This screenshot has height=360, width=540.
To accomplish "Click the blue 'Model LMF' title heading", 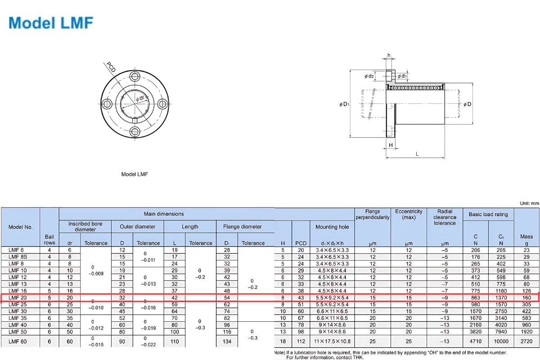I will tap(50, 23).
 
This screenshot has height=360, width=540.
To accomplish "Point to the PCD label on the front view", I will tap(111, 67).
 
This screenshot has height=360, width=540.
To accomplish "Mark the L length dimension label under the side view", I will tap(417, 154).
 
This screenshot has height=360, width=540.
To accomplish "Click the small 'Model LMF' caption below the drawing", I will tap(135, 174).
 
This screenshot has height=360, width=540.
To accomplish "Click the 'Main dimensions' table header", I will tap(164, 214).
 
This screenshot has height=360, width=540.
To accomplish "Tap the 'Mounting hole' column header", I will tap(333, 227).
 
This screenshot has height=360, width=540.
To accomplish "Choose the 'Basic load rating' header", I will tap(488, 214).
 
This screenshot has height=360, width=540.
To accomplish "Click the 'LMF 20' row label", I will tap(18, 297).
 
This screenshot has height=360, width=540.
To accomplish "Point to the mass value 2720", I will tap(526, 342).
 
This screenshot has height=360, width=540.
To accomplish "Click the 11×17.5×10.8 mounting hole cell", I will tap(332, 342).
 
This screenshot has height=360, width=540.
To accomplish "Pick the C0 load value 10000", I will tap(501, 342).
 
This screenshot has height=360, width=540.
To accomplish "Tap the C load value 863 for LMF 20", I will tap(476, 297).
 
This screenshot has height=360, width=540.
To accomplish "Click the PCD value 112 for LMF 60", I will tap(301, 342).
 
